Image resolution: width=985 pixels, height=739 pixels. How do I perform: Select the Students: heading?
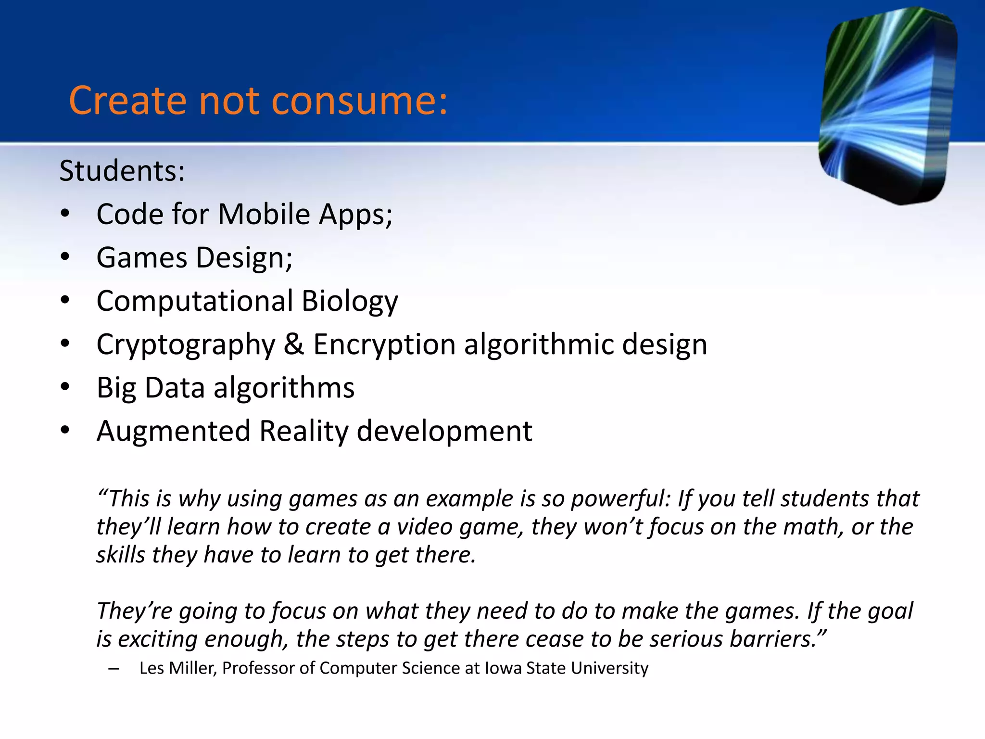tap(122, 171)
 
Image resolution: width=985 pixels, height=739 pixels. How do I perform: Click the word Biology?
tap(350, 302)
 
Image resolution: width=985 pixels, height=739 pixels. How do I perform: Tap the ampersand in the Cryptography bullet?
tap(294, 344)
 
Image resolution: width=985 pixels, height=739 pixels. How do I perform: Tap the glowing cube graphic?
tap(887, 106)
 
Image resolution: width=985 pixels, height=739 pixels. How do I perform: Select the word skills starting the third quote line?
tap(121, 555)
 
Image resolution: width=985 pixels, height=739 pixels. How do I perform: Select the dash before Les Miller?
tap(114, 669)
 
